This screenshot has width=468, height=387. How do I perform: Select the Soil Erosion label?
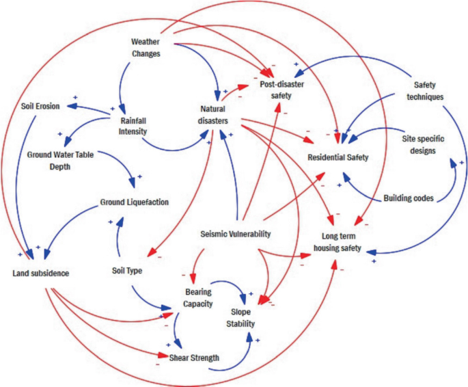click(x=40, y=107)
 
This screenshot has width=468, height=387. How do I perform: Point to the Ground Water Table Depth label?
click(x=59, y=159)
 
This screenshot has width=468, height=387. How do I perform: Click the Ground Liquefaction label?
click(x=134, y=202)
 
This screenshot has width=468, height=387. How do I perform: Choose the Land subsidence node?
click(x=41, y=273)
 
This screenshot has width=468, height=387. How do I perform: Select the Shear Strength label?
click(x=194, y=357)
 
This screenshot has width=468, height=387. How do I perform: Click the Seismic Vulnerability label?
click(x=235, y=234)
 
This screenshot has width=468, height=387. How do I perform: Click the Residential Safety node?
click(x=338, y=157)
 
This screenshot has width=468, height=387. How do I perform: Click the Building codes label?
click(x=409, y=198)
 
